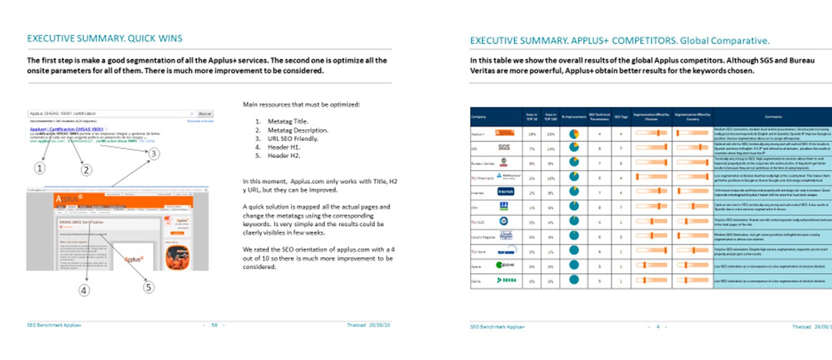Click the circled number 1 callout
[x=39, y=168]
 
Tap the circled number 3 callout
[x=154, y=153]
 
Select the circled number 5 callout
[x=148, y=287]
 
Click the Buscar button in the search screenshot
[x=205, y=114]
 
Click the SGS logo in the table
[x=504, y=148]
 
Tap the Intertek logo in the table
[x=506, y=191]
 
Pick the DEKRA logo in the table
[x=506, y=281]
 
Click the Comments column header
[x=772, y=117]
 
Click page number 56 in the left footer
[x=214, y=325]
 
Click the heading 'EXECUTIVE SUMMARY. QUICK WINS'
[x=105, y=38]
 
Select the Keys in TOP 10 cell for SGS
[x=531, y=149]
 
